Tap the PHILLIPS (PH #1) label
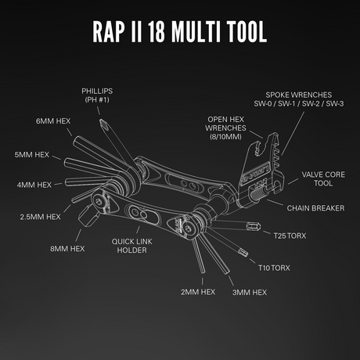(99, 95)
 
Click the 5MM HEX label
(32, 155)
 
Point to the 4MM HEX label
(33, 185)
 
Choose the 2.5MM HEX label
(40, 216)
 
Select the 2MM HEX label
(197, 291)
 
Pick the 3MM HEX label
(248, 291)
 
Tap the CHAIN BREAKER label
(311, 208)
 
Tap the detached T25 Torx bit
(253, 227)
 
